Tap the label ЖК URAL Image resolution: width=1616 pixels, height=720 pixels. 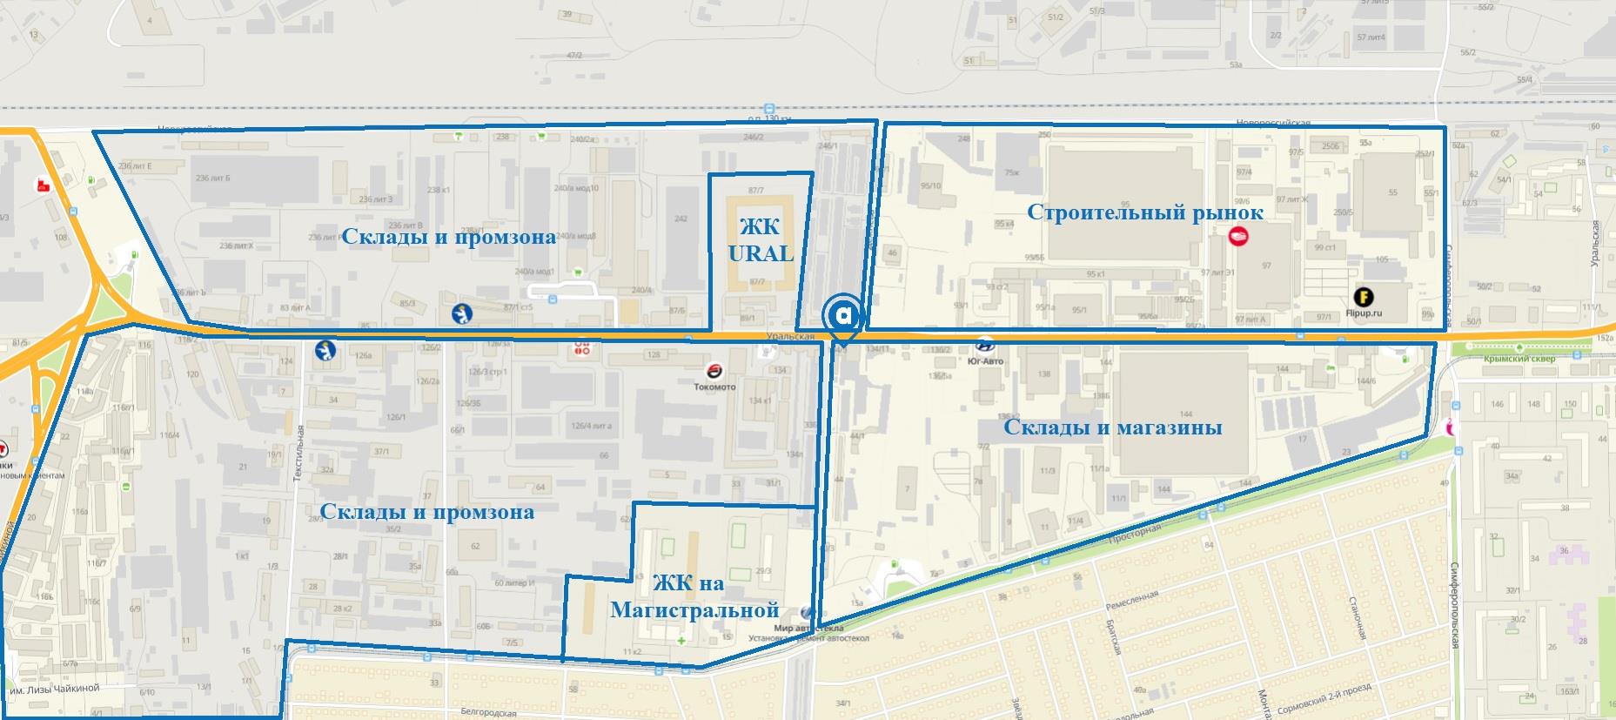pyautogui.click(x=760, y=240)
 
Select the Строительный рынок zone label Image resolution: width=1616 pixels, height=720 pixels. pyautogui.click(x=1144, y=212)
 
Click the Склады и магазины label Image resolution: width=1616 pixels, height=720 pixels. pyautogui.click(x=1112, y=427)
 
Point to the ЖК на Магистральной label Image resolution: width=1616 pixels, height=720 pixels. pyautogui.click(x=694, y=597)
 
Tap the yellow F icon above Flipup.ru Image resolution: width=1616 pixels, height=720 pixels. pyautogui.click(x=1363, y=297)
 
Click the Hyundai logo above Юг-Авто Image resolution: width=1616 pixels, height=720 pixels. pyautogui.click(x=985, y=345)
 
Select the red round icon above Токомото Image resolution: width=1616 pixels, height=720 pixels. pyautogui.click(x=714, y=371)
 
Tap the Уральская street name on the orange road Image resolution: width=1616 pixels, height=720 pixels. pyautogui.click(x=790, y=336)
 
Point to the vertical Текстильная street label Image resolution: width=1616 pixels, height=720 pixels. pyautogui.click(x=298, y=453)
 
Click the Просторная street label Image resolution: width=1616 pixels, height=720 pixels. pyautogui.click(x=1135, y=533)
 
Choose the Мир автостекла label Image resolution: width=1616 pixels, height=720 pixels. pyautogui.click(x=808, y=628)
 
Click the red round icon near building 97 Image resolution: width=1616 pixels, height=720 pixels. pyautogui.click(x=1237, y=235)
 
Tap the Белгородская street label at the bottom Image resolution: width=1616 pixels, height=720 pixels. pyautogui.click(x=488, y=713)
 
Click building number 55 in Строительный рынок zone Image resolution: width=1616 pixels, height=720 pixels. pyautogui.click(x=1392, y=192)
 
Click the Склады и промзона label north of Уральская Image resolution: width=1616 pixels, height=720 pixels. pyautogui.click(x=448, y=237)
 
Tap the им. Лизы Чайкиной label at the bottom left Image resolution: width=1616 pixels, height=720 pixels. pyautogui.click(x=54, y=689)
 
